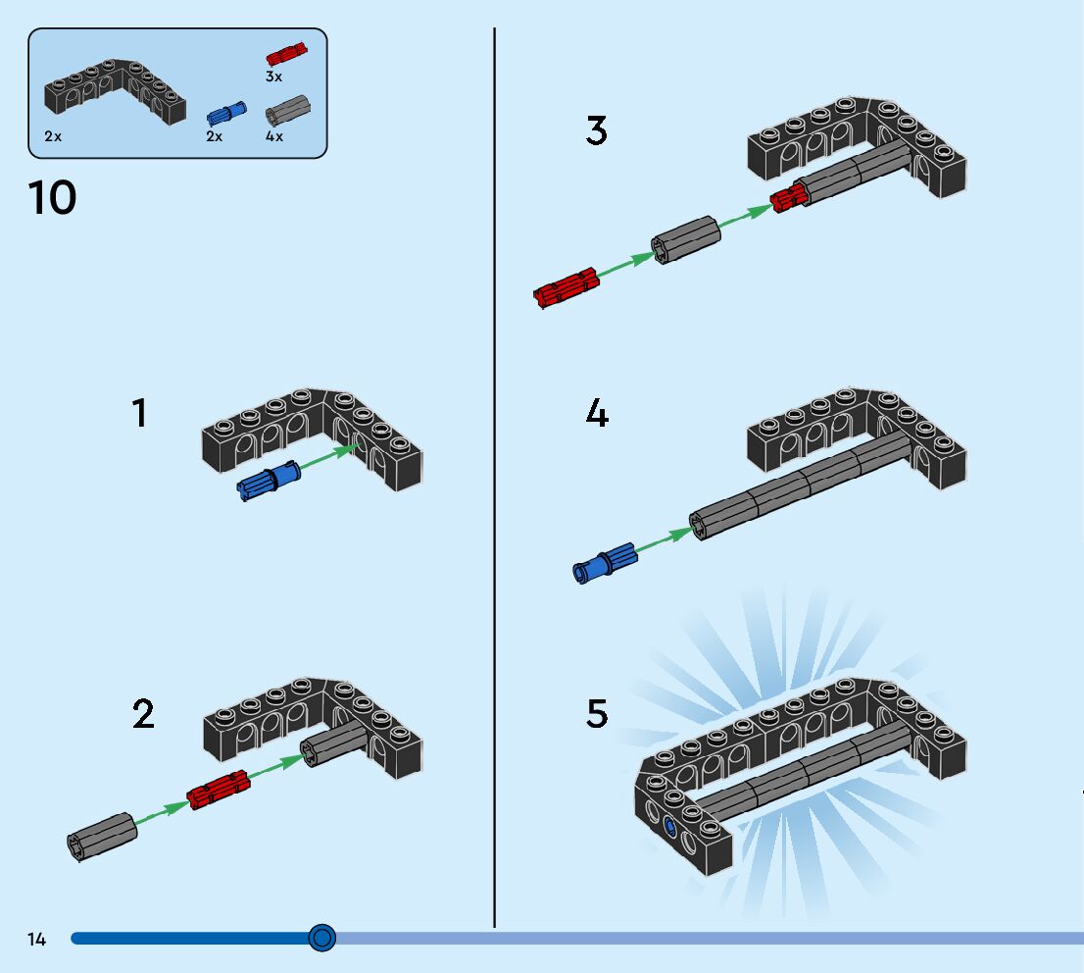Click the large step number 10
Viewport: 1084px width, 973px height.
tap(53, 198)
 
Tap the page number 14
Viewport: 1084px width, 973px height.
tap(36, 939)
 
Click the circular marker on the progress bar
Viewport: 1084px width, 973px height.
tap(321, 938)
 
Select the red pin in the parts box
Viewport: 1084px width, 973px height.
tap(286, 54)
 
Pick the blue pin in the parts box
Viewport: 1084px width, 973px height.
tap(226, 114)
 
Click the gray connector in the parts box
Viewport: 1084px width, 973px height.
tap(287, 110)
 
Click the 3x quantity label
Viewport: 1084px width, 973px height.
tap(273, 77)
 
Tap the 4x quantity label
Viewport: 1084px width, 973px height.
tap(274, 136)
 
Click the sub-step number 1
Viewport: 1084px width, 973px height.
tap(139, 413)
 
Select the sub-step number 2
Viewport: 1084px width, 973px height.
tap(143, 713)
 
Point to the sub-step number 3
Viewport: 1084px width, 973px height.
tap(597, 130)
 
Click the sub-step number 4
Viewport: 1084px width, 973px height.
tap(597, 413)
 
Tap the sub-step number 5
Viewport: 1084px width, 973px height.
tap(597, 713)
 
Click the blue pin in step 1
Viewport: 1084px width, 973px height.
tap(269, 481)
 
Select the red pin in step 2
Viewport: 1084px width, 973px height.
tap(219, 790)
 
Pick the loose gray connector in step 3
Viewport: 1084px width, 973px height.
tap(686, 239)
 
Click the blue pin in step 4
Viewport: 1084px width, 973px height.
tap(605, 563)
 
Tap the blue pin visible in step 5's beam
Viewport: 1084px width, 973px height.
tap(669, 827)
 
